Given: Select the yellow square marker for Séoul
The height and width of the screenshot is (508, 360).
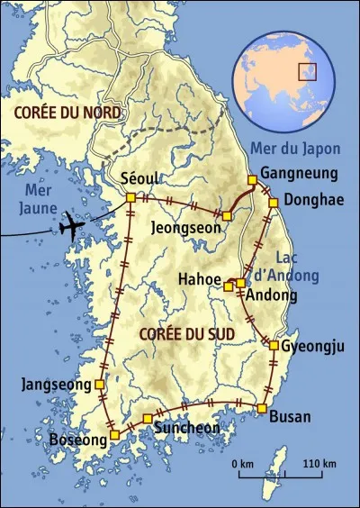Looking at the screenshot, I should click(x=130, y=197).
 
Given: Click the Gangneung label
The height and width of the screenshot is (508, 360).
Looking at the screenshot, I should click(x=298, y=173).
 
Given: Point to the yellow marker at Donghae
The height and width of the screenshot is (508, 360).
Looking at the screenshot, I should click(x=272, y=202).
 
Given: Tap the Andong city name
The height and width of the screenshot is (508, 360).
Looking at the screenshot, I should click(x=272, y=295).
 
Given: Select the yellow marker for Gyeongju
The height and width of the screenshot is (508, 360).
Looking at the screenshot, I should click(x=273, y=345).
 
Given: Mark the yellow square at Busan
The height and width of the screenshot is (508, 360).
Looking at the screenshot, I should click(x=261, y=409).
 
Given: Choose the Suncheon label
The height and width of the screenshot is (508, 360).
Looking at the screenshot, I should click(x=186, y=427).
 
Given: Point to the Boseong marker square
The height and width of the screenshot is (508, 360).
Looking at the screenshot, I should click(x=114, y=436).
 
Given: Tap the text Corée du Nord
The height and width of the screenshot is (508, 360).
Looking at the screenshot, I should click(x=52, y=111).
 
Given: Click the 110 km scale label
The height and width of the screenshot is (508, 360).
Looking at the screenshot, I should click(x=318, y=464).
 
